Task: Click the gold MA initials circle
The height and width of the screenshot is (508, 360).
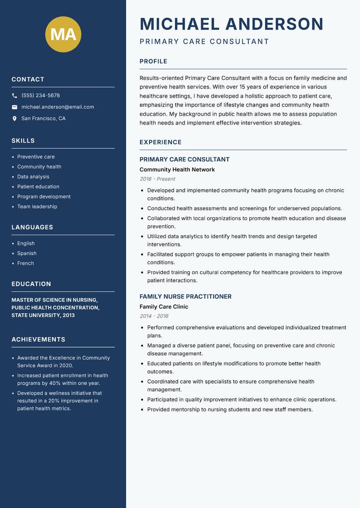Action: [x=63, y=34]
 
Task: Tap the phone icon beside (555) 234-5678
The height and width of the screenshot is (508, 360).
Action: [x=14, y=95]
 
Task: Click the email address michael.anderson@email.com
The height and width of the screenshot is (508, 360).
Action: [x=58, y=107]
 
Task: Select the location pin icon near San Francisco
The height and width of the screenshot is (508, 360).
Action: [x=14, y=119]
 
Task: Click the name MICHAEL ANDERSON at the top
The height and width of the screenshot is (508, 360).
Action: [x=231, y=24]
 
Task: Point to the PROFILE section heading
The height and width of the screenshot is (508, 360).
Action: [x=153, y=62]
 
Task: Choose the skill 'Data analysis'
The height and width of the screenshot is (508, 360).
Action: [x=33, y=177]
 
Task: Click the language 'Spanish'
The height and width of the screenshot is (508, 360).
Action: [x=27, y=253]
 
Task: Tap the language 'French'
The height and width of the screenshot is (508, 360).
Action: [x=26, y=263]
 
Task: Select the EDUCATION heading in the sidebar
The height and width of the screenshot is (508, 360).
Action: [x=31, y=284]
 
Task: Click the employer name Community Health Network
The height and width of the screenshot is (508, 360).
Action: [x=177, y=169]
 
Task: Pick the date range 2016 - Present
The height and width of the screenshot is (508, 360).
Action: [x=157, y=179]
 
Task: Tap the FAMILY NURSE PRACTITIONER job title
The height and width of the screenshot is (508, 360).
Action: [x=185, y=297]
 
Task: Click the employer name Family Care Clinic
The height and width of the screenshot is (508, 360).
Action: [x=164, y=307]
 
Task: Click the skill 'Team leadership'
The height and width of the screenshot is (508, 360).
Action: [x=37, y=206]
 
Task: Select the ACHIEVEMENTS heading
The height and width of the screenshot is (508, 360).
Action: [x=38, y=339]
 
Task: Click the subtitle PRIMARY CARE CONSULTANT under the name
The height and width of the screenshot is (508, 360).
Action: [x=204, y=42]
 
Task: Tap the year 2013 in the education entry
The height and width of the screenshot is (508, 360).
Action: [x=68, y=315]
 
